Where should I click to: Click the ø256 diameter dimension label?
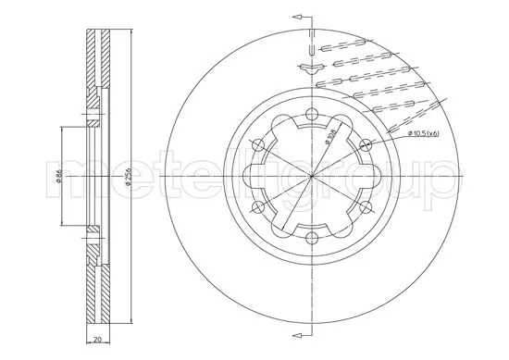point(128,176)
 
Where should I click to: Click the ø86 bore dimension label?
point(58,176)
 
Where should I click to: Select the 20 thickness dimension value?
point(97,340)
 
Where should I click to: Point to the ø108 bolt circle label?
point(330,135)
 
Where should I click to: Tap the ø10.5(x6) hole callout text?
point(423,133)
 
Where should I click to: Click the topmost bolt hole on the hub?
point(312,114)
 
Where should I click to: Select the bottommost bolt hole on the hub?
point(312,238)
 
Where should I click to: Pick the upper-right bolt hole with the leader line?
point(366,144)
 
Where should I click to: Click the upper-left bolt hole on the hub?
point(258,144)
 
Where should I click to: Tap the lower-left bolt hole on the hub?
point(258,207)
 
